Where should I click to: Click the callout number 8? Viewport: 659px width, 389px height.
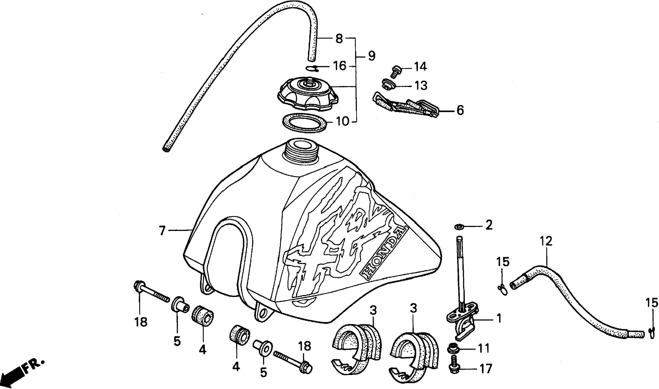[x=339, y=39]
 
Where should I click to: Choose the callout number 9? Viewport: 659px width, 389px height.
[x=371, y=56]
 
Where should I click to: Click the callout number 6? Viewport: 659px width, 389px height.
[x=460, y=111]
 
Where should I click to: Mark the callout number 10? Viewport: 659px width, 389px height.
[x=342, y=122]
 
